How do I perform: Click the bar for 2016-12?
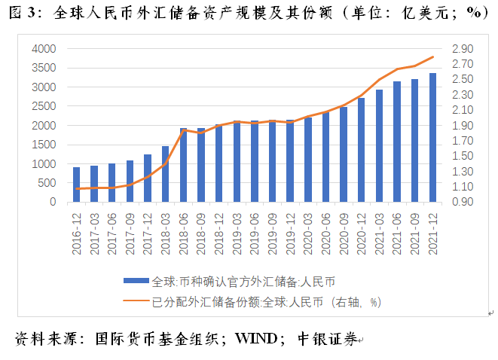[x=76, y=185]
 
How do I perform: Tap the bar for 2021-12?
[x=432, y=138]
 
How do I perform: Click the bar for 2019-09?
[x=272, y=161]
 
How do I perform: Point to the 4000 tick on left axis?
[x=44, y=49]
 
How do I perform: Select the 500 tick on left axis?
[x=47, y=183]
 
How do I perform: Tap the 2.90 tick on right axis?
[x=462, y=49]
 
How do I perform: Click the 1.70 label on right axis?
[x=462, y=141]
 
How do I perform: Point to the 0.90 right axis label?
[x=462, y=202]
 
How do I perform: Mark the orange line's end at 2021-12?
[x=432, y=57]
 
